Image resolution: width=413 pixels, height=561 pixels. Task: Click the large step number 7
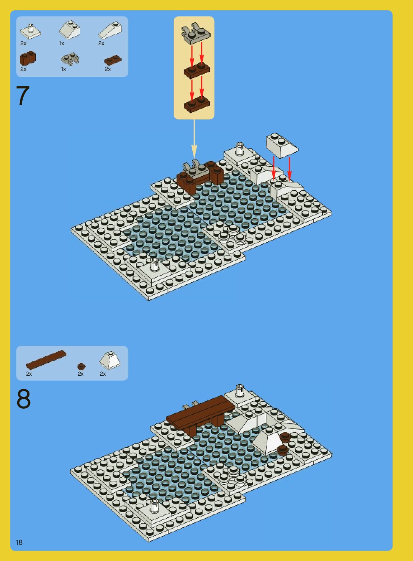tap(23, 95)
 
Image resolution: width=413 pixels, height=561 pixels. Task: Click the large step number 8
tap(24, 399)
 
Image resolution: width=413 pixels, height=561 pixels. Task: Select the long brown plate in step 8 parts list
tap(46, 360)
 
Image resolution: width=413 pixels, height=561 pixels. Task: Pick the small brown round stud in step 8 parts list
tap(81, 366)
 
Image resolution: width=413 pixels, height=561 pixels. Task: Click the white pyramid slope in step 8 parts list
tap(110, 360)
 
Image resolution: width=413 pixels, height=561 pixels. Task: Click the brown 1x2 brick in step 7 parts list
tap(28, 58)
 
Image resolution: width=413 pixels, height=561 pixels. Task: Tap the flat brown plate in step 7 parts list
tap(113, 60)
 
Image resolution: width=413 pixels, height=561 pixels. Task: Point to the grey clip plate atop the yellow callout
tap(196, 34)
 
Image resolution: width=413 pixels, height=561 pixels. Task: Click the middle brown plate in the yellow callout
tap(197, 70)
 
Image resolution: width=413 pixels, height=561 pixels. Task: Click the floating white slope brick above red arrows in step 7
tap(282, 146)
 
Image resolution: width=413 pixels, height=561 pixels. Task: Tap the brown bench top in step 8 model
tap(200, 409)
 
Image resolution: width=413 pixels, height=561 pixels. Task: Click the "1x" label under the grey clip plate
tap(64, 69)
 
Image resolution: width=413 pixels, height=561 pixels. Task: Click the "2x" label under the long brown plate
tap(29, 374)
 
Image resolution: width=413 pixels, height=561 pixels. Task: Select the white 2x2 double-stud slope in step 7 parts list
tap(70, 30)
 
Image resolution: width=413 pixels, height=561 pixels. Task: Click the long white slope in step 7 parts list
tap(110, 30)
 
